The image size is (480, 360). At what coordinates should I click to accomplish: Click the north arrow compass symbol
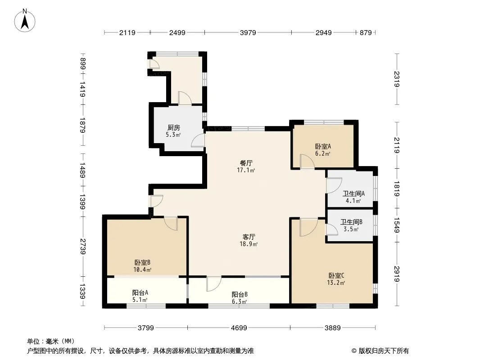point(25,21)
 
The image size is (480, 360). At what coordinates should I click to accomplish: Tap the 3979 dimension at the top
point(248,32)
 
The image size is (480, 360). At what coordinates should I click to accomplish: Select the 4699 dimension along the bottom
point(239,328)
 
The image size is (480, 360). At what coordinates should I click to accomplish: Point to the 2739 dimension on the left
point(82,247)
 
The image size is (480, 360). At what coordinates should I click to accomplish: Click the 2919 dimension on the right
point(397,274)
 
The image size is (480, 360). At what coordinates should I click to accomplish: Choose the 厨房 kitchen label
point(173,127)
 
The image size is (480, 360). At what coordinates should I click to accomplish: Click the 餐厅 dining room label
point(246,163)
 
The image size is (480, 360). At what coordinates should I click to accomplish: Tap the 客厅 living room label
point(249,237)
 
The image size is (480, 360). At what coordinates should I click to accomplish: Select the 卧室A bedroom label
point(323,147)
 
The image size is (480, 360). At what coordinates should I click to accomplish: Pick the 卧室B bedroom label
point(142,262)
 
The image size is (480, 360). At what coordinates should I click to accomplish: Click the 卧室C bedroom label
point(336,275)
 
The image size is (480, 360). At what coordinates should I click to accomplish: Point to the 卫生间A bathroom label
point(353,193)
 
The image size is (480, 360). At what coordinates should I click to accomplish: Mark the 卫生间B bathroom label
point(351,222)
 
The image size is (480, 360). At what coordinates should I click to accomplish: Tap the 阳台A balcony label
point(140,292)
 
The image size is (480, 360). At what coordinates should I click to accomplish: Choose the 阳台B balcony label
point(240,295)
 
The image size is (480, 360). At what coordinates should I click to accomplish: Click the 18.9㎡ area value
point(249,244)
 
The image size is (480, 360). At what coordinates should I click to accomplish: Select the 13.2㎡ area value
point(336,283)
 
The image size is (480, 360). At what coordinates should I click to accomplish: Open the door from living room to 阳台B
point(214,283)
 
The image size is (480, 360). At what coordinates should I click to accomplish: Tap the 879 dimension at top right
point(366,32)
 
